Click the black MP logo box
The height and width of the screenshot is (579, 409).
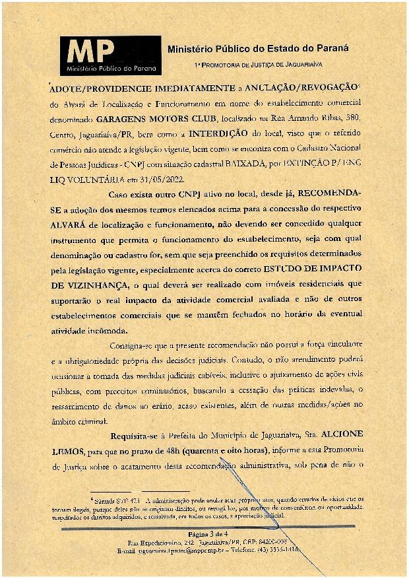click(111, 55)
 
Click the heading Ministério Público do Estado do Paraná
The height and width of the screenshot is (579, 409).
click(258, 48)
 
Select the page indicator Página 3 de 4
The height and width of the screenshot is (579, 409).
click(208, 533)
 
